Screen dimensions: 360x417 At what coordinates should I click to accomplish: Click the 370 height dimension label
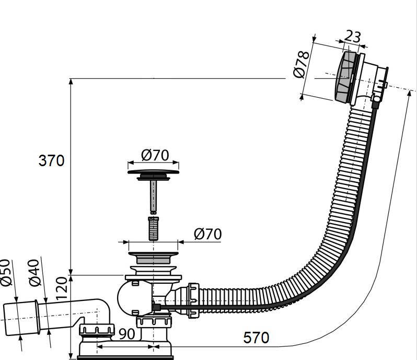tap(51, 160)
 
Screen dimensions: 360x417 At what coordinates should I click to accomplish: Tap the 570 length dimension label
tap(256, 338)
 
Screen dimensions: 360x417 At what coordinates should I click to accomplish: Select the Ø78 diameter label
tap(302, 65)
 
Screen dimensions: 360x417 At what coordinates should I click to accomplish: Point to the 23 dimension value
tap(353, 37)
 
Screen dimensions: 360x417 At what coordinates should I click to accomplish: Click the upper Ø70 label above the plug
tap(155, 155)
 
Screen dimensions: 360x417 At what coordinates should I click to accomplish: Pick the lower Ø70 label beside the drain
tap(207, 234)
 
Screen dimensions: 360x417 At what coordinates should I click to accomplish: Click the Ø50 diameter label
tap(7, 273)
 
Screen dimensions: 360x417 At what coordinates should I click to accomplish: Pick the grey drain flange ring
tap(153, 257)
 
